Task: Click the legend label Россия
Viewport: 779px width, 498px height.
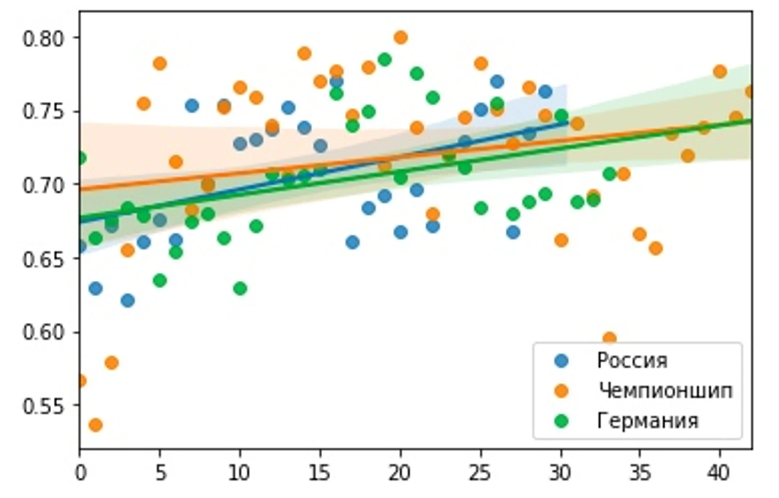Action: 632,361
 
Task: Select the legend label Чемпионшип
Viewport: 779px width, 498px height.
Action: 665,391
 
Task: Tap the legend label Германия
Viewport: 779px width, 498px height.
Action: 647,421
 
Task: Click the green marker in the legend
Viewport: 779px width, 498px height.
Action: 561,421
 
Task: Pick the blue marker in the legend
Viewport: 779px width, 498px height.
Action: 561,361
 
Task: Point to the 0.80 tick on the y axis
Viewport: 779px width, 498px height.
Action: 44,38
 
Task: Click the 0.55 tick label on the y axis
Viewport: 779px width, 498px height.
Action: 44,406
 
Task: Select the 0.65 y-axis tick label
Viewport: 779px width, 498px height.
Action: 44,259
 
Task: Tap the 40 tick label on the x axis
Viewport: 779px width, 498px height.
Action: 719,473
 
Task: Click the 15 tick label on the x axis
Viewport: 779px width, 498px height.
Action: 319,473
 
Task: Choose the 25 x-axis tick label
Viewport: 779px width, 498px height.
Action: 480,473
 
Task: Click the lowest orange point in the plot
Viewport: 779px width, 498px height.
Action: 96,425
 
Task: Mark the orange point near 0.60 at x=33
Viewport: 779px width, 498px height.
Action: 609,338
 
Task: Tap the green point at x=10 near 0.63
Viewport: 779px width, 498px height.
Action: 240,288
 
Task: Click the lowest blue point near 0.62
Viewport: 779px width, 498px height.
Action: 128,301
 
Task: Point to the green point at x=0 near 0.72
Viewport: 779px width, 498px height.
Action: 81,158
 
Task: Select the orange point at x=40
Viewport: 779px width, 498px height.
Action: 720,72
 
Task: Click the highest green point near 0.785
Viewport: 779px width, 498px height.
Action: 384,59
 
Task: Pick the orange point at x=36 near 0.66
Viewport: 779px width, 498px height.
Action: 656,248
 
